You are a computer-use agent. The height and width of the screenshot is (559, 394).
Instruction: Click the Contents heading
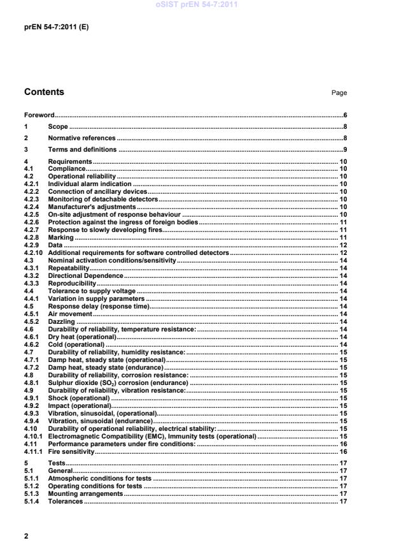[44, 92]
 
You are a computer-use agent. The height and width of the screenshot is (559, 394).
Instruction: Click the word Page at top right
[339, 93]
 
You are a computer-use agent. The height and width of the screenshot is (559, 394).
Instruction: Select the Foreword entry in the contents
[39, 115]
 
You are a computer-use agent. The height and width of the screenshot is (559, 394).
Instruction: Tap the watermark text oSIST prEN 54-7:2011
[197, 4]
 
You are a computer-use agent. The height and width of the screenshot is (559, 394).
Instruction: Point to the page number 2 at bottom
[26, 536]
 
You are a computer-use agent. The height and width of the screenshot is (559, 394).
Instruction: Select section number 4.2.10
[32, 253]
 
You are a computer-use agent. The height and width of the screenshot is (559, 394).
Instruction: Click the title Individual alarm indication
[89, 184]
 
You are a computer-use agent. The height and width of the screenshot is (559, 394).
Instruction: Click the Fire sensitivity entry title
[71, 451]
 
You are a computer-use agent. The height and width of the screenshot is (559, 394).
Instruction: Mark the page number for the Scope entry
[344, 127]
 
